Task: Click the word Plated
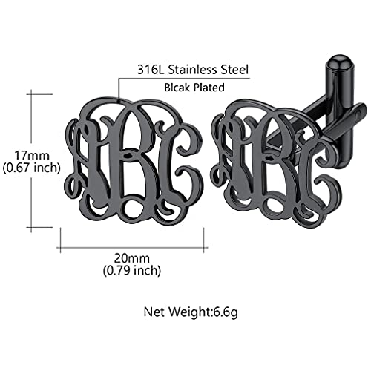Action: coord(209,88)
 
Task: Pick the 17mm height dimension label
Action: coord(32,156)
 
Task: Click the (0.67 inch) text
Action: coord(31,168)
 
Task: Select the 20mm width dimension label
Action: coord(131,259)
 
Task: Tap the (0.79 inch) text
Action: coord(132,270)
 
